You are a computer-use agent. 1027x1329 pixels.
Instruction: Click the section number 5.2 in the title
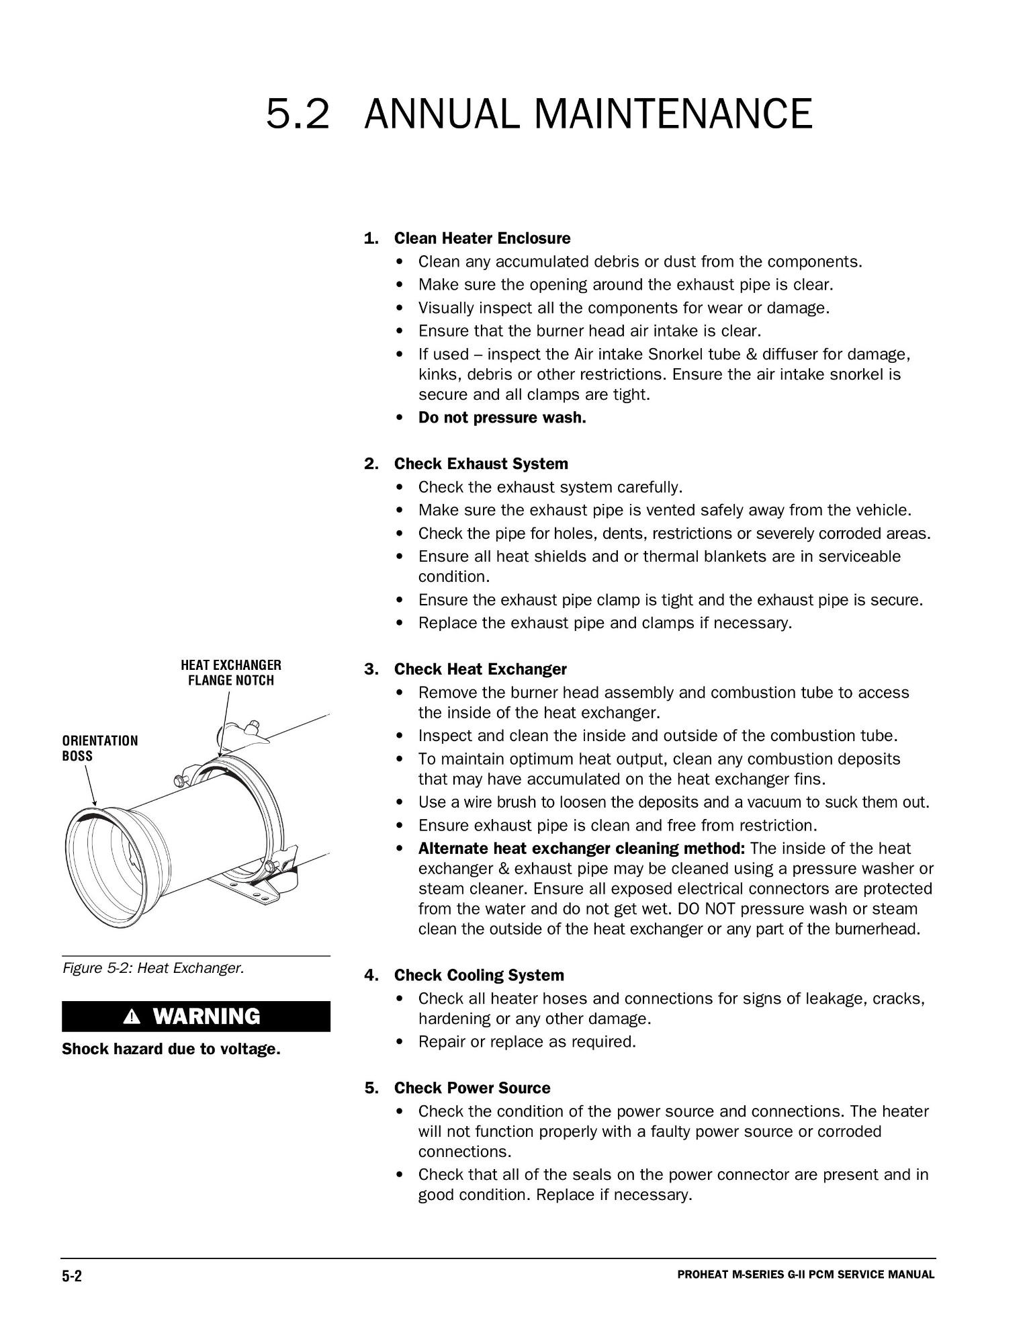click(298, 114)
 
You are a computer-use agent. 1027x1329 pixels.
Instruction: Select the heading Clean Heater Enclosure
click(482, 239)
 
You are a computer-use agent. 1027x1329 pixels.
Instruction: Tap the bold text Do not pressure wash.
click(502, 418)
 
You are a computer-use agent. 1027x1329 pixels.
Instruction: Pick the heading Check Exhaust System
click(480, 464)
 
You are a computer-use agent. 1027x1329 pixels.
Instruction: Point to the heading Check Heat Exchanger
click(480, 670)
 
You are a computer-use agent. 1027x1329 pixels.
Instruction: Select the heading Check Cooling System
click(478, 976)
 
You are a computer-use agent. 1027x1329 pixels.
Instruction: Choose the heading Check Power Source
click(472, 1088)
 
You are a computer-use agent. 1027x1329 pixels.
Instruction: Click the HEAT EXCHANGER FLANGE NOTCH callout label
click(231, 673)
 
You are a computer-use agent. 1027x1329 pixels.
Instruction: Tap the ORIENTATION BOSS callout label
click(99, 748)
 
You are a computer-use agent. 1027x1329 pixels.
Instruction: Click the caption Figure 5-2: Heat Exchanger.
click(153, 968)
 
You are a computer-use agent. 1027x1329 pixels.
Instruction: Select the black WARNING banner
click(195, 1017)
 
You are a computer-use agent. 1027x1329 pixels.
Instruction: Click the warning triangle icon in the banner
click(134, 1017)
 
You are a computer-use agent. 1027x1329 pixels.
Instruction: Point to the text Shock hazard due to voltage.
click(171, 1049)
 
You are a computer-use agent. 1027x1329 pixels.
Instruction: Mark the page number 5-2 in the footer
click(72, 1277)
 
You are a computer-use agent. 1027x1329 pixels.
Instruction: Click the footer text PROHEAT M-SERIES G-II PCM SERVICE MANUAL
click(805, 1275)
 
